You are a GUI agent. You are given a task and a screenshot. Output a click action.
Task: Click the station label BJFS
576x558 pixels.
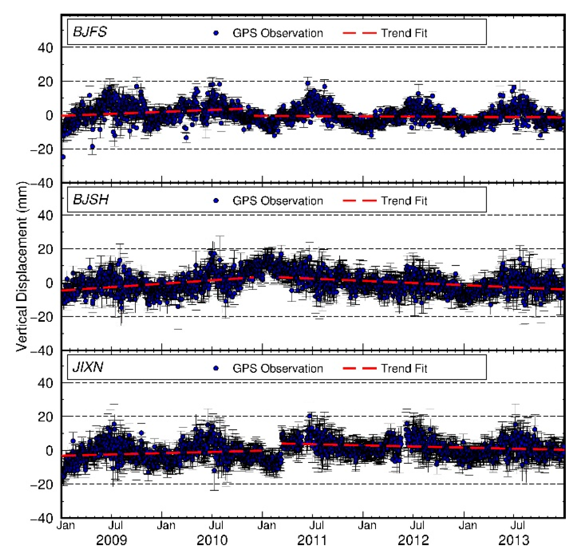click(x=90, y=32)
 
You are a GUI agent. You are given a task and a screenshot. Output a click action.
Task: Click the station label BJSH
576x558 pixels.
click(x=90, y=200)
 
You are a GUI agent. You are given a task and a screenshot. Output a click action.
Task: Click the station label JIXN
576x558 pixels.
click(x=88, y=367)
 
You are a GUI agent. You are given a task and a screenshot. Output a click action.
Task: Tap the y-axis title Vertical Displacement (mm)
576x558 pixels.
click(x=22, y=267)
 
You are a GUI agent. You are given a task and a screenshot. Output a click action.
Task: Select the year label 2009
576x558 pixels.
click(x=112, y=540)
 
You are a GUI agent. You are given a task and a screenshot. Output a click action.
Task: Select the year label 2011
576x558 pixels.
click(x=312, y=540)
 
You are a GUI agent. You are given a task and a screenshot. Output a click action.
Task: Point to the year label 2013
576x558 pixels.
click(x=514, y=540)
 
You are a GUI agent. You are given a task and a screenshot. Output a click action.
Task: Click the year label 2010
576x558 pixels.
click(x=212, y=540)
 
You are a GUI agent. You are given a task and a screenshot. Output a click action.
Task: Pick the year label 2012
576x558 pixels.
click(x=413, y=540)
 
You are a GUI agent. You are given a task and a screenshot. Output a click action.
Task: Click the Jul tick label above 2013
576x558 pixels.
click(x=518, y=525)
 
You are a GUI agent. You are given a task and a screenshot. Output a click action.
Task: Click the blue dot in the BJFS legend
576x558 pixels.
click(x=216, y=33)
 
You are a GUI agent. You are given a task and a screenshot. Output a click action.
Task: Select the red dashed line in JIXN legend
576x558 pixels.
click(x=359, y=368)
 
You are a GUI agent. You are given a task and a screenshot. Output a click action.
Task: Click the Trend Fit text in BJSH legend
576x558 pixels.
click(x=404, y=201)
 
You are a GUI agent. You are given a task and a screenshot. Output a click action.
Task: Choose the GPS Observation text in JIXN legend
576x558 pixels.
click(x=278, y=368)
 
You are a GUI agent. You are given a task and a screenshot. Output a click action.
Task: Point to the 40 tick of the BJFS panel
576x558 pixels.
click(x=46, y=48)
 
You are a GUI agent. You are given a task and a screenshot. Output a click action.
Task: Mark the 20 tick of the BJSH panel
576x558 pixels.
click(x=46, y=249)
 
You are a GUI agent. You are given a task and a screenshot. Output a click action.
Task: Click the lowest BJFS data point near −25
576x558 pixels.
click(x=63, y=157)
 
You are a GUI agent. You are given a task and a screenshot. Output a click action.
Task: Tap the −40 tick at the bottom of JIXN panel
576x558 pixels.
click(x=42, y=518)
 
